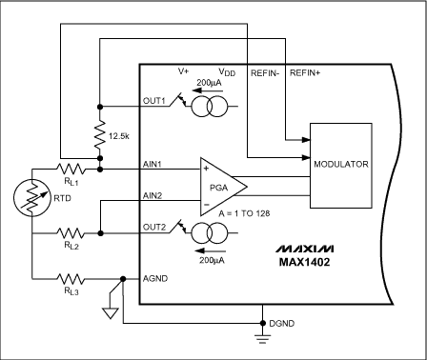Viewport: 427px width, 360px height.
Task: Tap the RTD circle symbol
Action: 33,198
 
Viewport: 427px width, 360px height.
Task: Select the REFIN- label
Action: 263,72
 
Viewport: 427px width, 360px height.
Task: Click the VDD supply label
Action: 226,72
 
